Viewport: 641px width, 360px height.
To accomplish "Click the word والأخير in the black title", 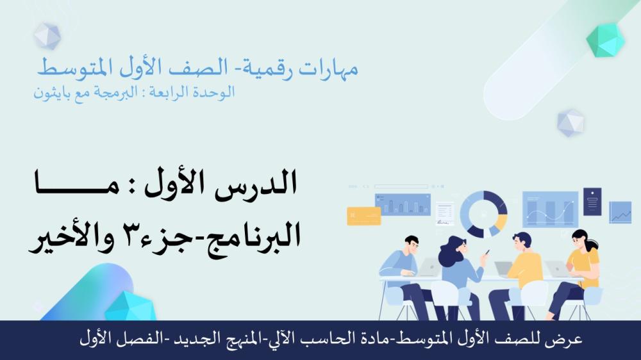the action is click(x=72, y=237).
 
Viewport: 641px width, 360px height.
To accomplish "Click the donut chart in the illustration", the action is click(x=483, y=214).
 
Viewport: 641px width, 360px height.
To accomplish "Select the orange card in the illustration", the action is click(x=364, y=216).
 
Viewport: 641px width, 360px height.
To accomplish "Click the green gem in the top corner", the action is click(x=606, y=40).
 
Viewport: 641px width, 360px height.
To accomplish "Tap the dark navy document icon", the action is click(x=592, y=201).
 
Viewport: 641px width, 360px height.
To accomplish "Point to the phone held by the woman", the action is click(x=487, y=252).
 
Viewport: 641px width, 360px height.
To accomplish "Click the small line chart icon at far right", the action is click(x=620, y=212).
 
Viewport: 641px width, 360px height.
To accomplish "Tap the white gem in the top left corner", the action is click(x=47, y=35).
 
